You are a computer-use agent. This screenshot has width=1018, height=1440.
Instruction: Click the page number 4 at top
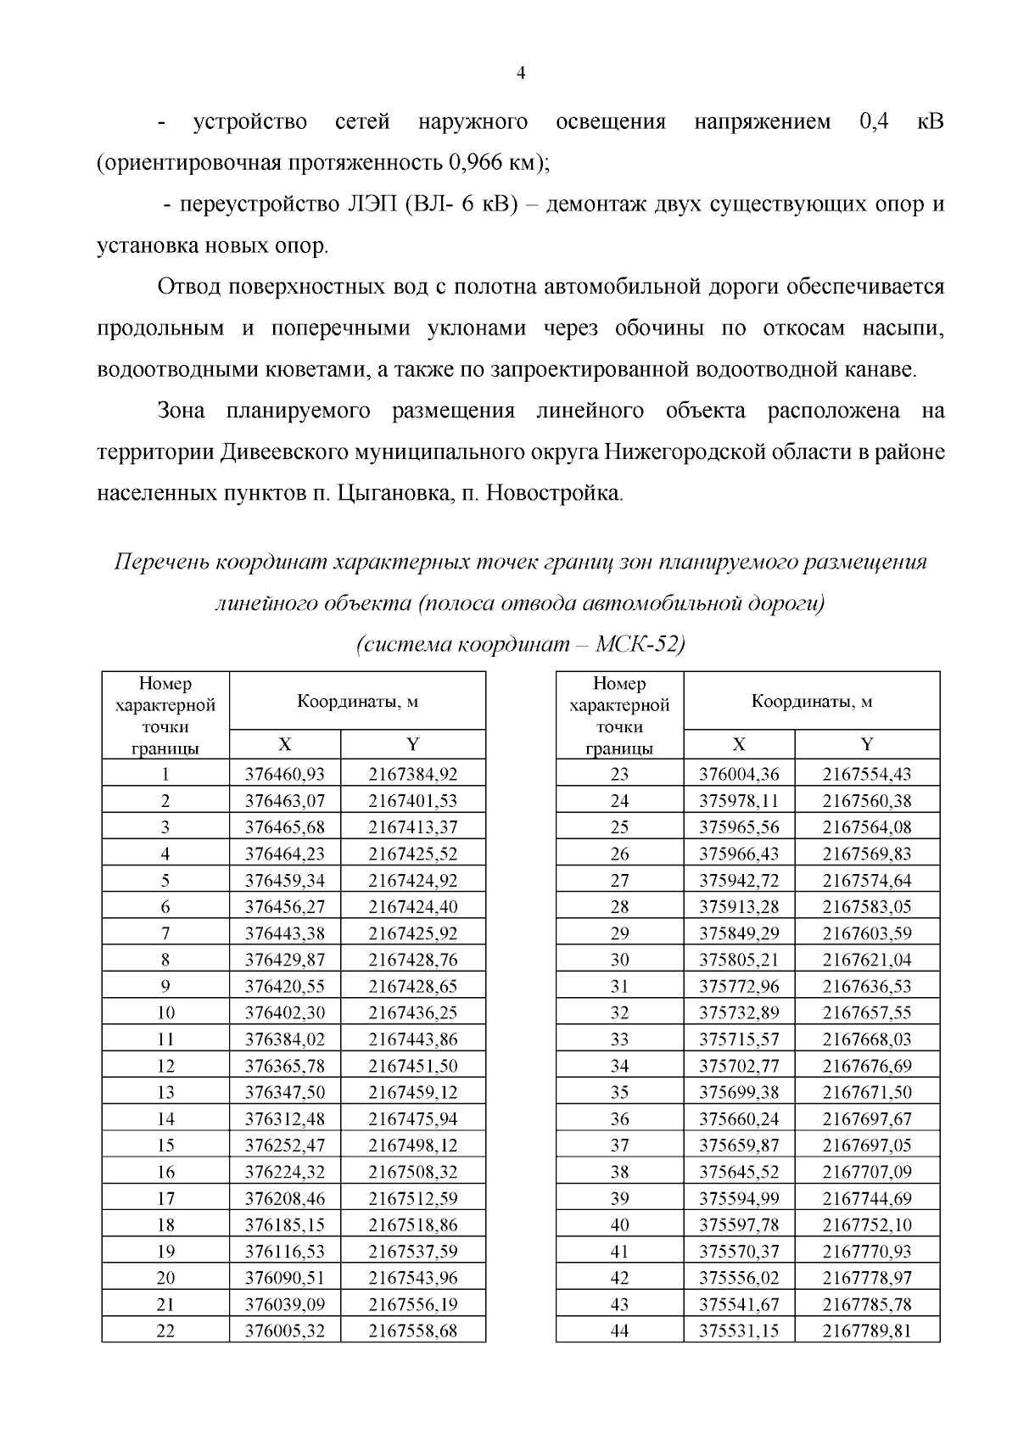tap(521, 74)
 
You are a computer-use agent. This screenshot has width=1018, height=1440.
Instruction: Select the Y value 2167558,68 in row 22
tap(412, 1331)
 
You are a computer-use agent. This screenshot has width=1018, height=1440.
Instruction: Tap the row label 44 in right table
tap(619, 1331)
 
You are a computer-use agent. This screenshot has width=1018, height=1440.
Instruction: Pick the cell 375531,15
tap(739, 1331)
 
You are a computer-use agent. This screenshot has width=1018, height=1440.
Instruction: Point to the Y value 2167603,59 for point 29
tap(867, 933)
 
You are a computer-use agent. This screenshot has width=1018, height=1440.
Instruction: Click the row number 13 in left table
tap(165, 1092)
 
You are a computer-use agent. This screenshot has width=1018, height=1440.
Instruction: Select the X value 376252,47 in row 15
tap(285, 1145)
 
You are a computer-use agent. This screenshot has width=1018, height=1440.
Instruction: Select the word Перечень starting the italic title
tap(160, 563)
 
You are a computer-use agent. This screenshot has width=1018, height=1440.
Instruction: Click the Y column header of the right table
tap(867, 744)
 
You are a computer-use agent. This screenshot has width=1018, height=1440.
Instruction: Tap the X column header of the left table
tap(285, 744)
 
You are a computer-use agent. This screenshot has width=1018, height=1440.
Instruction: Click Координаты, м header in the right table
tap(812, 701)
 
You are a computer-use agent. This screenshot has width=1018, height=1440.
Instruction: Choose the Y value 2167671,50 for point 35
tap(867, 1092)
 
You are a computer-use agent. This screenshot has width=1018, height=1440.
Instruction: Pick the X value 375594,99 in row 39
tap(739, 1198)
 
